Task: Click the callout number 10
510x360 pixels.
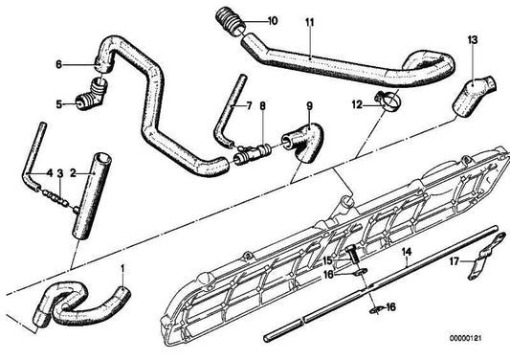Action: (273, 21)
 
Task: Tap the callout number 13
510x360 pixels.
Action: (473, 40)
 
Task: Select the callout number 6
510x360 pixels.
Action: (58, 64)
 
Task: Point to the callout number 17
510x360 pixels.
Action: (455, 261)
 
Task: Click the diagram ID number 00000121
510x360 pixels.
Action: (465, 338)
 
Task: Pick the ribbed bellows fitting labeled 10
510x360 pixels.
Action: (231, 21)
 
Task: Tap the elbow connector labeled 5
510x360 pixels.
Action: (92, 95)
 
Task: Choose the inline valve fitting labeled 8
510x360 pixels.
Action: (253, 153)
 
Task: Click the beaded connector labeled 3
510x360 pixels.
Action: (55, 198)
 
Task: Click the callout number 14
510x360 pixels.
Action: (407, 252)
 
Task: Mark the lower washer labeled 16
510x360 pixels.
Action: (376, 310)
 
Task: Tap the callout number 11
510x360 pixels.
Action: (310, 22)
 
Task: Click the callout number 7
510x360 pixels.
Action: (249, 105)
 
